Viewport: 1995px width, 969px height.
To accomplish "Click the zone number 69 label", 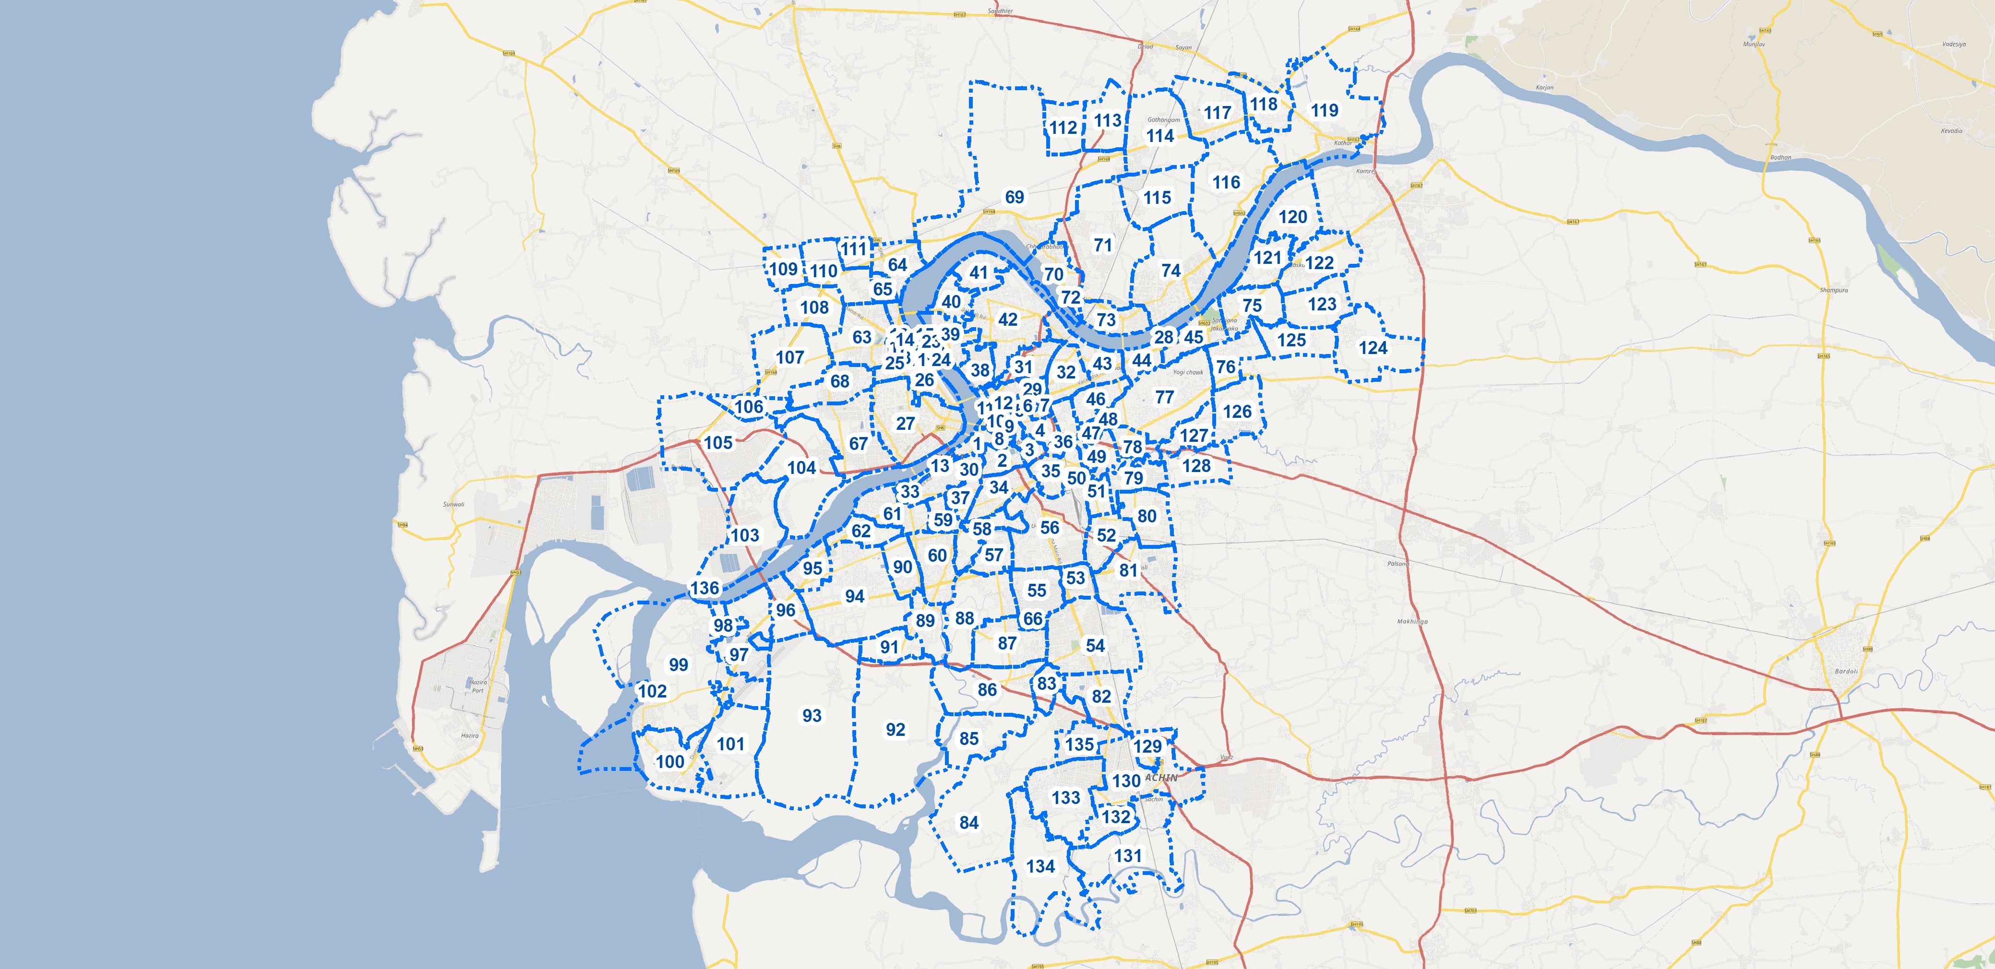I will [1015, 197].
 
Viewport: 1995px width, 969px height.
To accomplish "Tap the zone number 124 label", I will [1373, 348].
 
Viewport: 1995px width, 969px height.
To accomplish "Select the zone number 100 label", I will [670, 762].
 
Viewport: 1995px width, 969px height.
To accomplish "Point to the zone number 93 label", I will [812, 716].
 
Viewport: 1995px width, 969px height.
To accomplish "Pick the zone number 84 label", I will [969, 823].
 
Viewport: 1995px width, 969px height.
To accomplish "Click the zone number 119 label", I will [1324, 111].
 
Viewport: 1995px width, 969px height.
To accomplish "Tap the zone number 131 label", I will [1128, 856].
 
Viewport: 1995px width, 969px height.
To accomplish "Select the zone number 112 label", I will [1063, 128].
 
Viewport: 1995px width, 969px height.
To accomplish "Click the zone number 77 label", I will [1164, 397].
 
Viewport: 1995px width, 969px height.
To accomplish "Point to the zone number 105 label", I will [718, 443].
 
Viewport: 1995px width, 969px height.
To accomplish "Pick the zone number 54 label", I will [1095, 646].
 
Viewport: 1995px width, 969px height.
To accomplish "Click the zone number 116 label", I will [1226, 183].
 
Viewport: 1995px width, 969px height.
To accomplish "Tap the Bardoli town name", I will [1846, 671].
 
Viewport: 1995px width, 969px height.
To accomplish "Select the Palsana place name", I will [1398, 564].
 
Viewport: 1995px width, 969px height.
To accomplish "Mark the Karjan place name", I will [1544, 87].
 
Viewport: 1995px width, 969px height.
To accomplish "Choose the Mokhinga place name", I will [1412, 622].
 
